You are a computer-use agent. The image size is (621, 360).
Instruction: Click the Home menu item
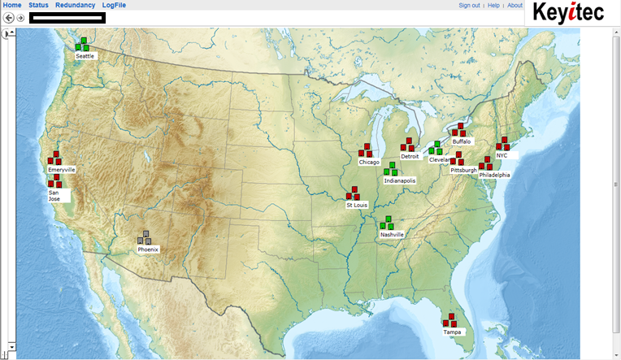[x=12, y=5]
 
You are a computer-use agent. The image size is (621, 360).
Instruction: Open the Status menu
[x=38, y=5]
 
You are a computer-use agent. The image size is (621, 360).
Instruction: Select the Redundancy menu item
[x=76, y=5]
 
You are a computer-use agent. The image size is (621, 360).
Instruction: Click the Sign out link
[x=469, y=5]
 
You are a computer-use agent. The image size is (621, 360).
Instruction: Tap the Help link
[x=493, y=5]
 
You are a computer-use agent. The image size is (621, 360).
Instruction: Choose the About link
[x=515, y=5]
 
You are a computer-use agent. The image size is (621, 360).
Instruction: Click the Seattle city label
[x=85, y=56]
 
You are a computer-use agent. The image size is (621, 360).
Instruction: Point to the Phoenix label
[x=148, y=249]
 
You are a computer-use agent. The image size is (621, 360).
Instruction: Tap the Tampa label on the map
[x=452, y=332]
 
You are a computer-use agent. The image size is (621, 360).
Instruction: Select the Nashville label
[x=392, y=234]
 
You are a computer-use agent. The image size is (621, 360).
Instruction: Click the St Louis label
[x=357, y=205]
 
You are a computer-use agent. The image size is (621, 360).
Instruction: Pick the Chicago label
[x=369, y=162]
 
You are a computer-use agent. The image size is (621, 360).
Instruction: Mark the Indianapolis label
[x=400, y=180]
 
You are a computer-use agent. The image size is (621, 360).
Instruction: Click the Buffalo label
[x=462, y=141]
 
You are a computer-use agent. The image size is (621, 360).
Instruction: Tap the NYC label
[x=502, y=154]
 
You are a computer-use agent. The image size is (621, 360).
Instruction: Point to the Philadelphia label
[x=494, y=174]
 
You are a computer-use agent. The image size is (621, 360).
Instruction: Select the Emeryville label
[x=62, y=169]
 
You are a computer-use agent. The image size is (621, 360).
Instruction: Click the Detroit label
[x=410, y=156]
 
